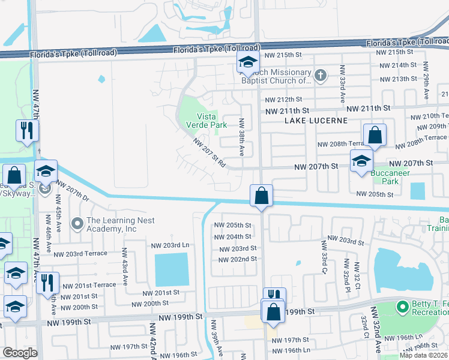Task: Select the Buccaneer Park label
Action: pyautogui.click(x=390, y=177)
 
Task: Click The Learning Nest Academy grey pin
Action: pyautogui.click(x=77, y=224)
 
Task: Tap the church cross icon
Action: pyautogui.click(x=321, y=75)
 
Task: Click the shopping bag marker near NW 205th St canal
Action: pyautogui.click(x=262, y=196)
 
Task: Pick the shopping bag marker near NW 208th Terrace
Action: pyautogui.click(x=375, y=136)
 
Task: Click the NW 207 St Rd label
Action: pyautogui.click(x=209, y=153)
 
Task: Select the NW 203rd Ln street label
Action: pyautogui.click(x=170, y=245)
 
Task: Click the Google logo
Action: pyautogui.click(x=20, y=353)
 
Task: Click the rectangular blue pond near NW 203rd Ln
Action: pyautogui.click(x=172, y=269)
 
